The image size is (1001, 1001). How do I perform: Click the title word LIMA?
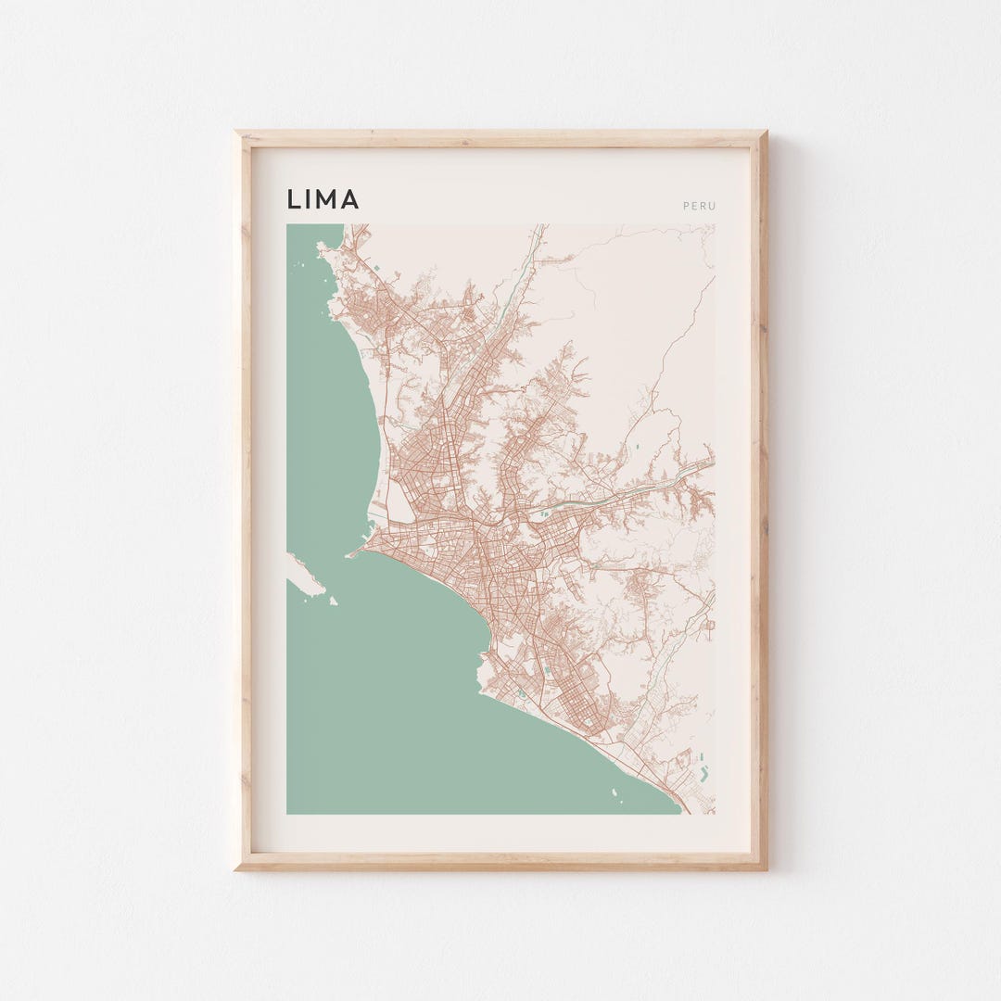[x=323, y=199]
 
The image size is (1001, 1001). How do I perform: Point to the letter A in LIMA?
[x=349, y=199]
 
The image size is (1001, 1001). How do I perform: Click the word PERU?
[x=699, y=206]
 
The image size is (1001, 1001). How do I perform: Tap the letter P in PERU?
[x=686, y=206]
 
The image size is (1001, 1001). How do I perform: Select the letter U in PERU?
[x=713, y=206]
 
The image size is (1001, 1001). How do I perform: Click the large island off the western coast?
[x=305, y=575]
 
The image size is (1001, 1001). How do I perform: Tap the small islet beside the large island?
[x=332, y=601]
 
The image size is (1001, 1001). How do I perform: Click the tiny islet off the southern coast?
[x=614, y=792]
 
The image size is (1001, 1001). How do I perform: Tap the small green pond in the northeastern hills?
[x=637, y=450]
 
